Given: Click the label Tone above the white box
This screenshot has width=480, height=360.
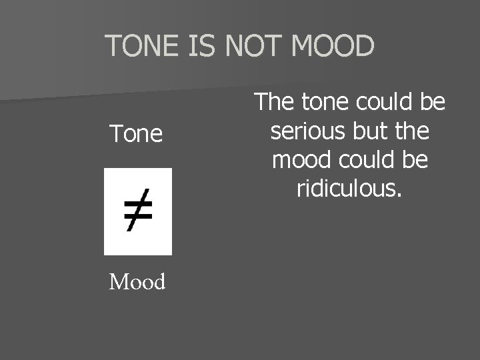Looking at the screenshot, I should [137, 134].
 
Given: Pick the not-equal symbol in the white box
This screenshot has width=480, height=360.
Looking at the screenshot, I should [138, 211].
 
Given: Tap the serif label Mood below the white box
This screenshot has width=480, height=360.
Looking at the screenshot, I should [137, 282].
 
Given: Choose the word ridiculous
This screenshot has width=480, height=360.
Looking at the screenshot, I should [347, 190].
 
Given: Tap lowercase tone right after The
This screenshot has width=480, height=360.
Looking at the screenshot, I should [322, 103].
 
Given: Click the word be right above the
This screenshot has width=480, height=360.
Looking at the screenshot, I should [431, 103].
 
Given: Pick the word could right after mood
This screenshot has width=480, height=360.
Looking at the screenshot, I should [365, 161].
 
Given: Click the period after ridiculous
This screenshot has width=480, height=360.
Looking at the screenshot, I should [399, 196].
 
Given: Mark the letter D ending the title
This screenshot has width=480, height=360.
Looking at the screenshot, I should [363, 46].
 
